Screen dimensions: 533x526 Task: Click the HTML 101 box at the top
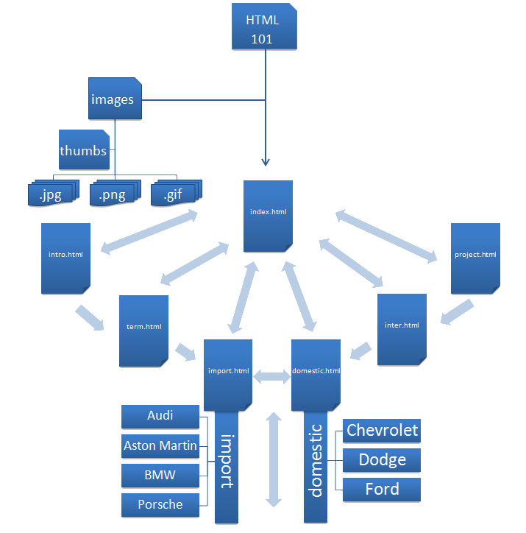coord(264,27)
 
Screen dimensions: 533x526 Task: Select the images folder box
coord(114,99)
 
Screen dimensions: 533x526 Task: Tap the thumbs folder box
coord(83,151)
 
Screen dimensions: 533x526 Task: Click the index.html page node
coord(268,213)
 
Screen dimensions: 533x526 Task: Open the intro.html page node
coord(65,255)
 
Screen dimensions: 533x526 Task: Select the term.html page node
coord(143,328)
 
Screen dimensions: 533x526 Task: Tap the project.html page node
coord(475,255)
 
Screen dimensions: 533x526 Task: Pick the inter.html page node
coord(402,326)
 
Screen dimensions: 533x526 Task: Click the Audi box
coord(160,417)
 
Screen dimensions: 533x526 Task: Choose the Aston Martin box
coord(160,446)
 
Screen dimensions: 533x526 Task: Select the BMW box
coord(160,476)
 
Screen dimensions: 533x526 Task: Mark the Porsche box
coord(160,505)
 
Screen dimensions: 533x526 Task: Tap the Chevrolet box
coord(382,431)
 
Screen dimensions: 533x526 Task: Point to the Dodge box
coord(382,461)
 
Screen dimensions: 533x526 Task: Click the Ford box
coord(382,490)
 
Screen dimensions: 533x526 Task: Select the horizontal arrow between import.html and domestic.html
coord(272,377)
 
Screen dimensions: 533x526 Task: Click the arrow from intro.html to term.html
coord(90,317)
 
